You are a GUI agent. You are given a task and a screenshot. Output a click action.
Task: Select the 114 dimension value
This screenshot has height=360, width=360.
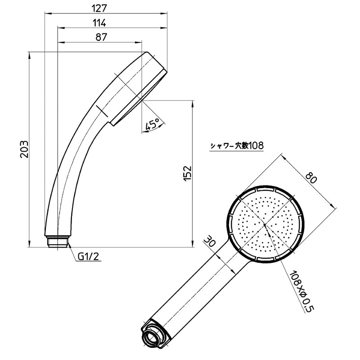point(100,22)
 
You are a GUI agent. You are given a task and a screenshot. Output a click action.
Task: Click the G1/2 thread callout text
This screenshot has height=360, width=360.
point(88,256)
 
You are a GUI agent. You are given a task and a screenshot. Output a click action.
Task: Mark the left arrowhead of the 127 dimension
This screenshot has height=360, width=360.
point(46,13)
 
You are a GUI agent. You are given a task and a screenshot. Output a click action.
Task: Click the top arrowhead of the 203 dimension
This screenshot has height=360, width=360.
point(29,54)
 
